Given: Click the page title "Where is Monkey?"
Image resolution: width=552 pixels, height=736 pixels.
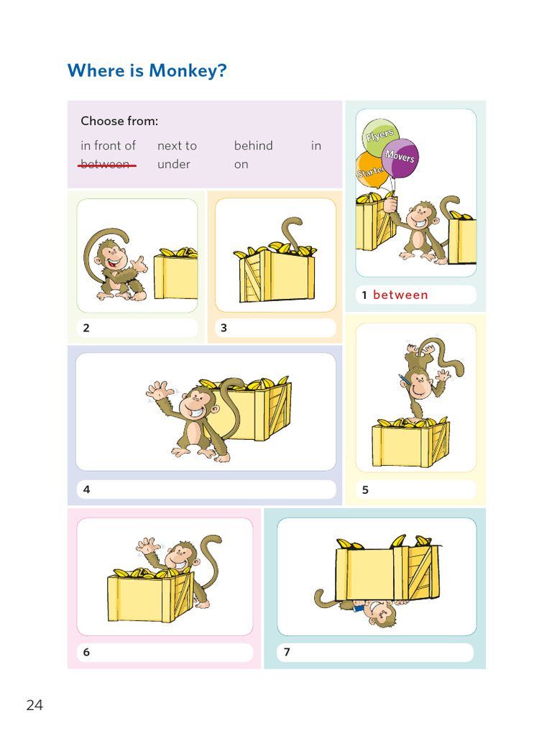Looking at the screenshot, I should [147, 71].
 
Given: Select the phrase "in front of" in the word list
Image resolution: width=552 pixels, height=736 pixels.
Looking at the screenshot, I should [108, 146].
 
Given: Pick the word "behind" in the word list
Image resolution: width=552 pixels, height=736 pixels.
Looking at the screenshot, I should [253, 146].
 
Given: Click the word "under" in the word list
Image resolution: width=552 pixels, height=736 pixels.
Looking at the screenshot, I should [174, 165].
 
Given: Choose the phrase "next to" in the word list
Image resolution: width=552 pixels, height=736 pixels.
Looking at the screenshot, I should [177, 146].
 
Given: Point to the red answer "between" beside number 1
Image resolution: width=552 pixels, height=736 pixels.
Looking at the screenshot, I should [400, 295].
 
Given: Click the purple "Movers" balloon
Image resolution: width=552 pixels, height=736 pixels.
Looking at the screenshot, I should [400, 156].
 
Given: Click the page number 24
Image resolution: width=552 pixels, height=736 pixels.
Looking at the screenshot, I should [34, 705].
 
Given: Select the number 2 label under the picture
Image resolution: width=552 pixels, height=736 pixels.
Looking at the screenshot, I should [86, 328].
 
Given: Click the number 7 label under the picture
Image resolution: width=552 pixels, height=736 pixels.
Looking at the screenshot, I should [287, 653].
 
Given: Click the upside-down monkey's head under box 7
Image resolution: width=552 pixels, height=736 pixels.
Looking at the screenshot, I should [378, 613].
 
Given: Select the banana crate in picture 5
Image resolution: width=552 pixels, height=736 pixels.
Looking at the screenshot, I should [410, 442].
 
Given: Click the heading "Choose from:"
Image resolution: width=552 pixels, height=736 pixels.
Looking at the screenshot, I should [119, 121].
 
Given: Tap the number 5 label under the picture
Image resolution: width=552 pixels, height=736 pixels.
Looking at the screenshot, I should [365, 490].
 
